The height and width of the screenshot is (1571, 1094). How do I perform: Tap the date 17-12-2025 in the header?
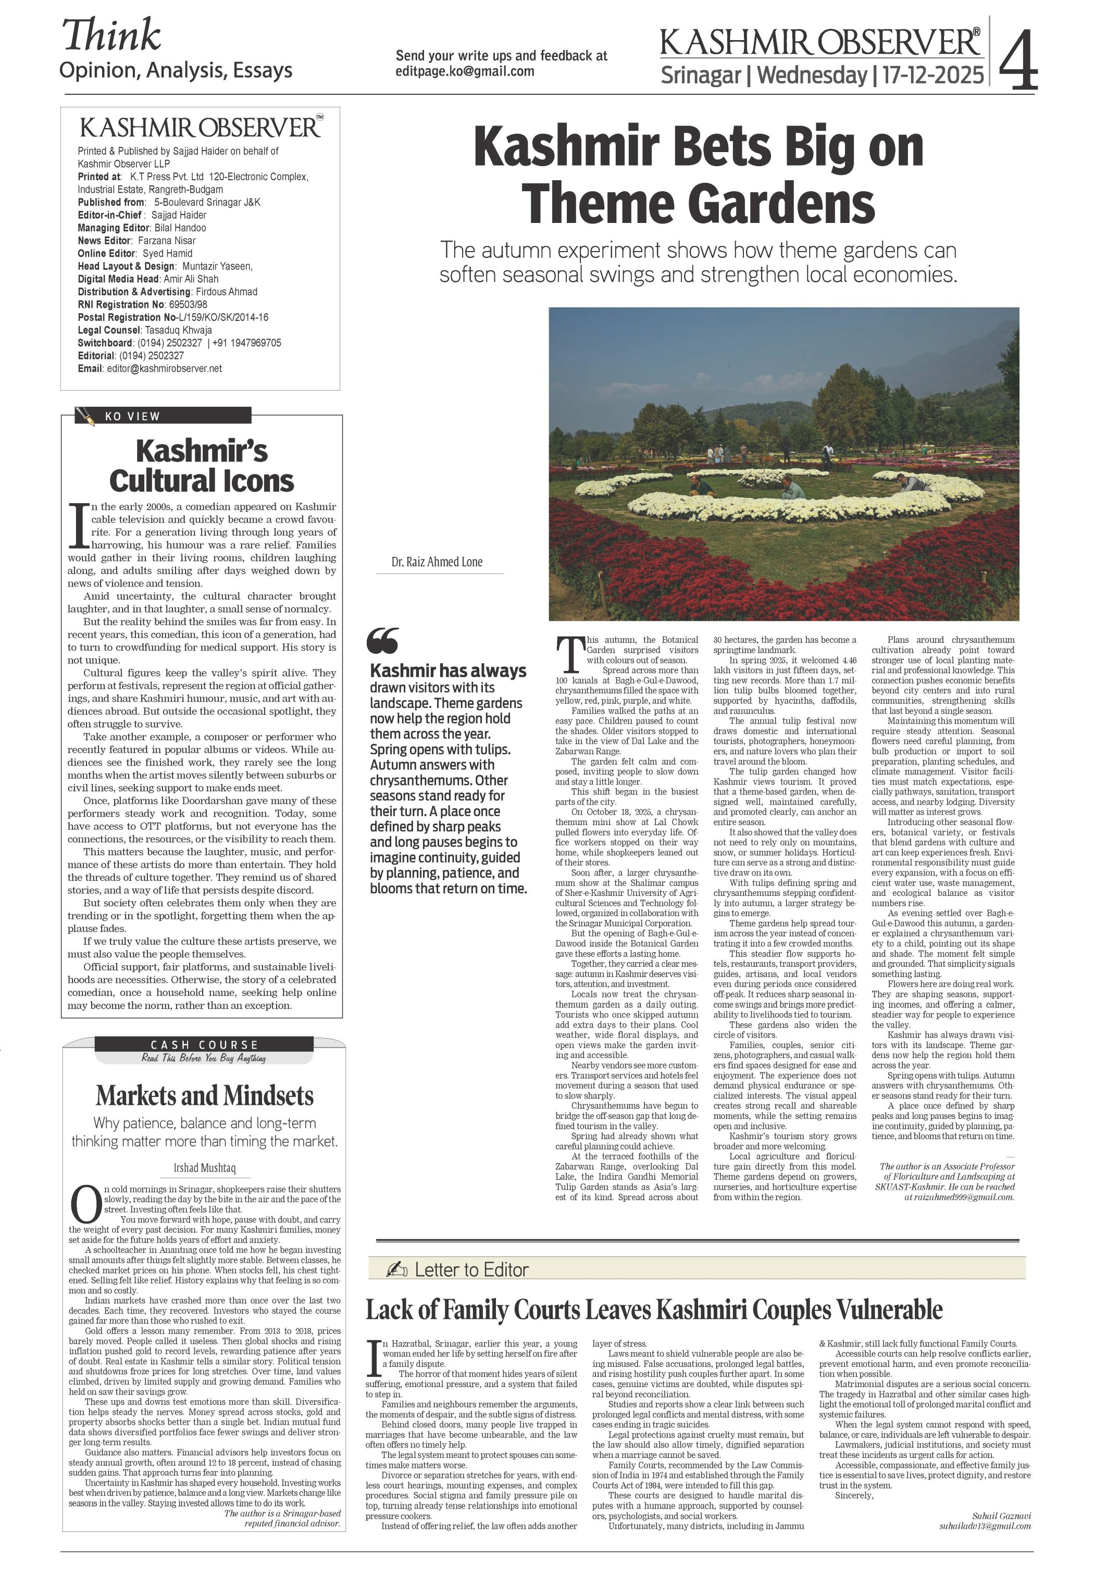click(933, 74)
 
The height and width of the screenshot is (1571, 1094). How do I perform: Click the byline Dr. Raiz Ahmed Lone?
click(437, 562)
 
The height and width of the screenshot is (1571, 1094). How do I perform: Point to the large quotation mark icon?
click(382, 641)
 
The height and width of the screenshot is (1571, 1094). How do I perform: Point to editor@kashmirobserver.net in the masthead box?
click(164, 369)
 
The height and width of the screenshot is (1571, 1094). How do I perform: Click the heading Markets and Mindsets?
click(205, 1095)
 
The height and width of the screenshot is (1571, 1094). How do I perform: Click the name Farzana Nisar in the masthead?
click(166, 240)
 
